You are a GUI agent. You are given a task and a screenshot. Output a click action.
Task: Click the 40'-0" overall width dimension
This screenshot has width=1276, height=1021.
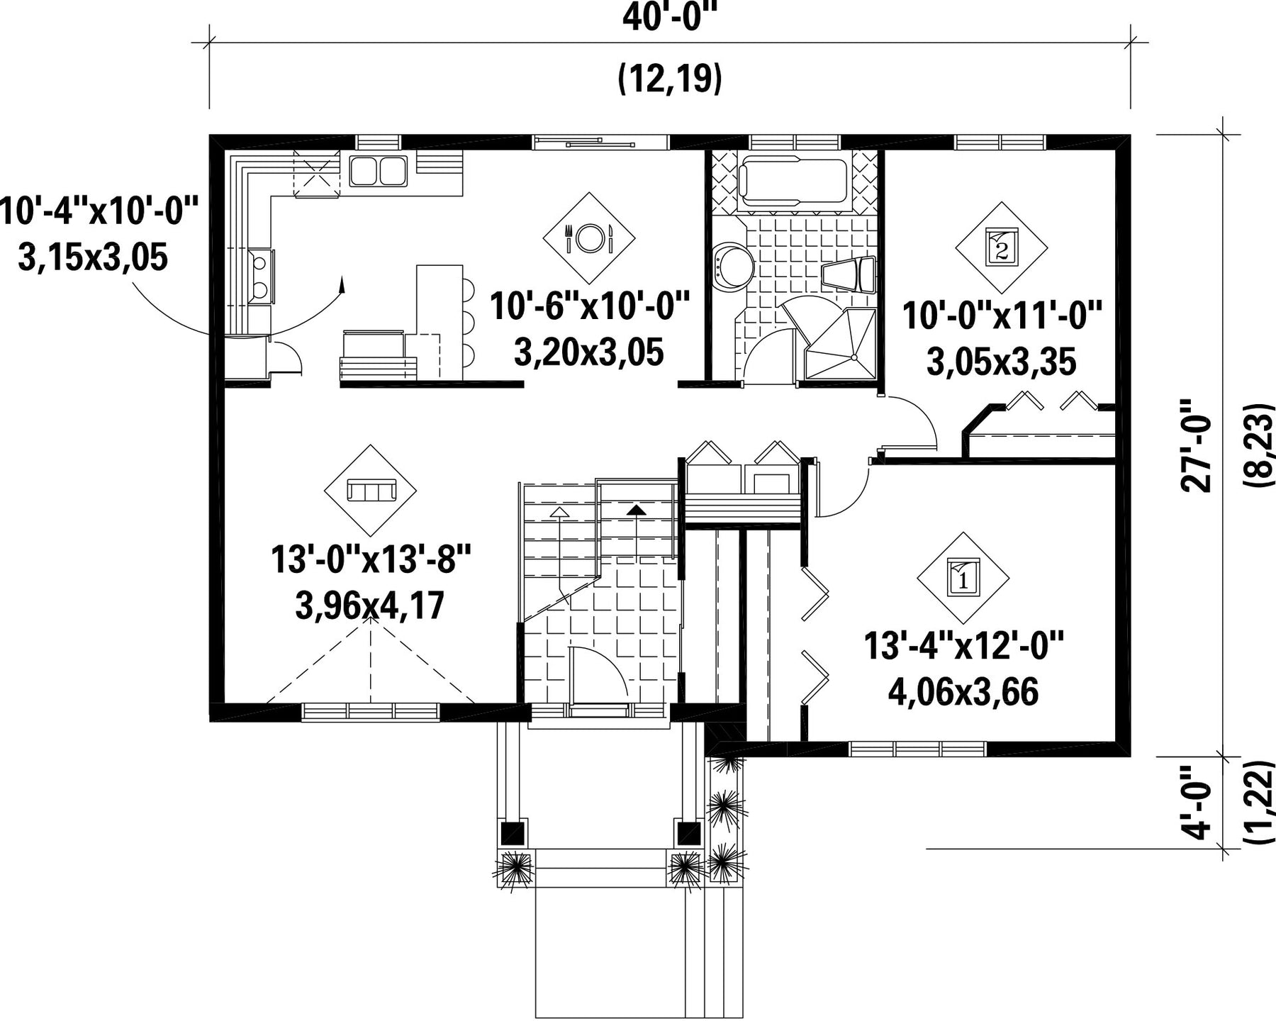(669, 18)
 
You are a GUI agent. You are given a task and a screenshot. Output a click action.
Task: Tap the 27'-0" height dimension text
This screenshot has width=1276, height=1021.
(1197, 445)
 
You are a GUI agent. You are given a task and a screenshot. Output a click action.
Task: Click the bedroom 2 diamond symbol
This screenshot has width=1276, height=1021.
(1001, 247)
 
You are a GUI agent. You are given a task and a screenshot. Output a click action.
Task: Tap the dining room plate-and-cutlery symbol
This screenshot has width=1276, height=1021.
(588, 238)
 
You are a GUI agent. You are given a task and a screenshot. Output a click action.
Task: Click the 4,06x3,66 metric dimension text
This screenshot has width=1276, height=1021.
(963, 692)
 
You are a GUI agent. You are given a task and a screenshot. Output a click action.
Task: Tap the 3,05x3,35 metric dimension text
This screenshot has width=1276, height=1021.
(1001, 362)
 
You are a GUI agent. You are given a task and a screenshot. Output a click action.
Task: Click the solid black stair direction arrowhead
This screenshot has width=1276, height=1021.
(636, 508)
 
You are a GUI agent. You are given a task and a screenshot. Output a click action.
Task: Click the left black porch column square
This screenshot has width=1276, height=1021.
(513, 832)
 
